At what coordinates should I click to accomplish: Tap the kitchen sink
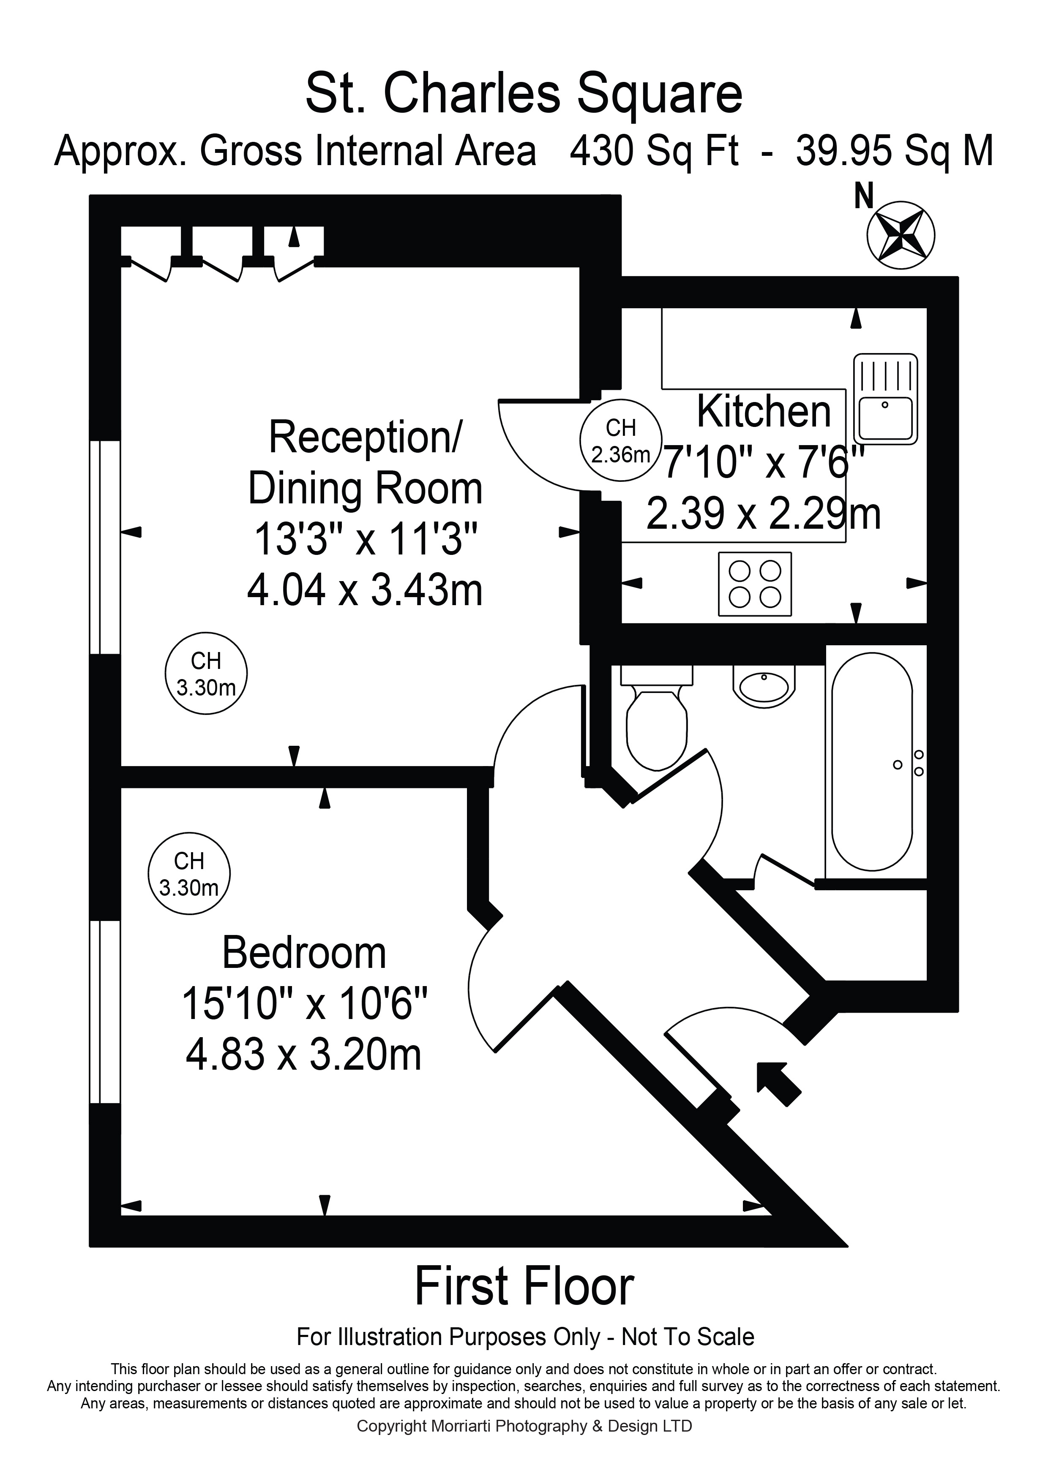(x=885, y=399)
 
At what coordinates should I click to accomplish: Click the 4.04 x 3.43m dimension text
(x=365, y=590)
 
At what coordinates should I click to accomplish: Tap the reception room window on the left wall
(x=105, y=547)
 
